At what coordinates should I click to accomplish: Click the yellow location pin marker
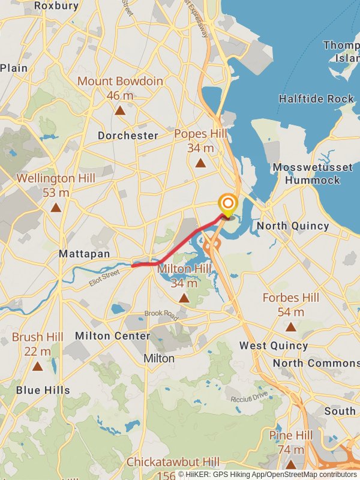(x=227, y=205)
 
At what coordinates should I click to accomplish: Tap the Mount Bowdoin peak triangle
(x=120, y=110)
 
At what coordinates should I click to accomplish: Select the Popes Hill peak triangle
(x=200, y=163)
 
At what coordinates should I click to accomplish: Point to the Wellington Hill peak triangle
(x=56, y=208)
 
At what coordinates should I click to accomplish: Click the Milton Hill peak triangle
(x=184, y=298)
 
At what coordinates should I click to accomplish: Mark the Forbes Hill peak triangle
(x=291, y=327)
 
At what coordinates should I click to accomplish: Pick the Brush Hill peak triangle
(x=37, y=366)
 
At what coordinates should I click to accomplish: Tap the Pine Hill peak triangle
(x=291, y=464)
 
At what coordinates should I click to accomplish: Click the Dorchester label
(x=128, y=136)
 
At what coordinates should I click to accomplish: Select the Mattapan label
(x=84, y=254)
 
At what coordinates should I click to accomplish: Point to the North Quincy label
(x=293, y=226)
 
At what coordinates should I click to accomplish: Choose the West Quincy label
(x=273, y=346)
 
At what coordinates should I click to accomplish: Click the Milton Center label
(x=112, y=336)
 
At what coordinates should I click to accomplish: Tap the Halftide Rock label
(x=316, y=98)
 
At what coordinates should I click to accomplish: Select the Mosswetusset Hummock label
(x=312, y=173)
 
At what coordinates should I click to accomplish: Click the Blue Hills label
(x=43, y=390)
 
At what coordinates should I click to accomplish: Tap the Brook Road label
(x=161, y=314)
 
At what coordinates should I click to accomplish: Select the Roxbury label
(x=56, y=5)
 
